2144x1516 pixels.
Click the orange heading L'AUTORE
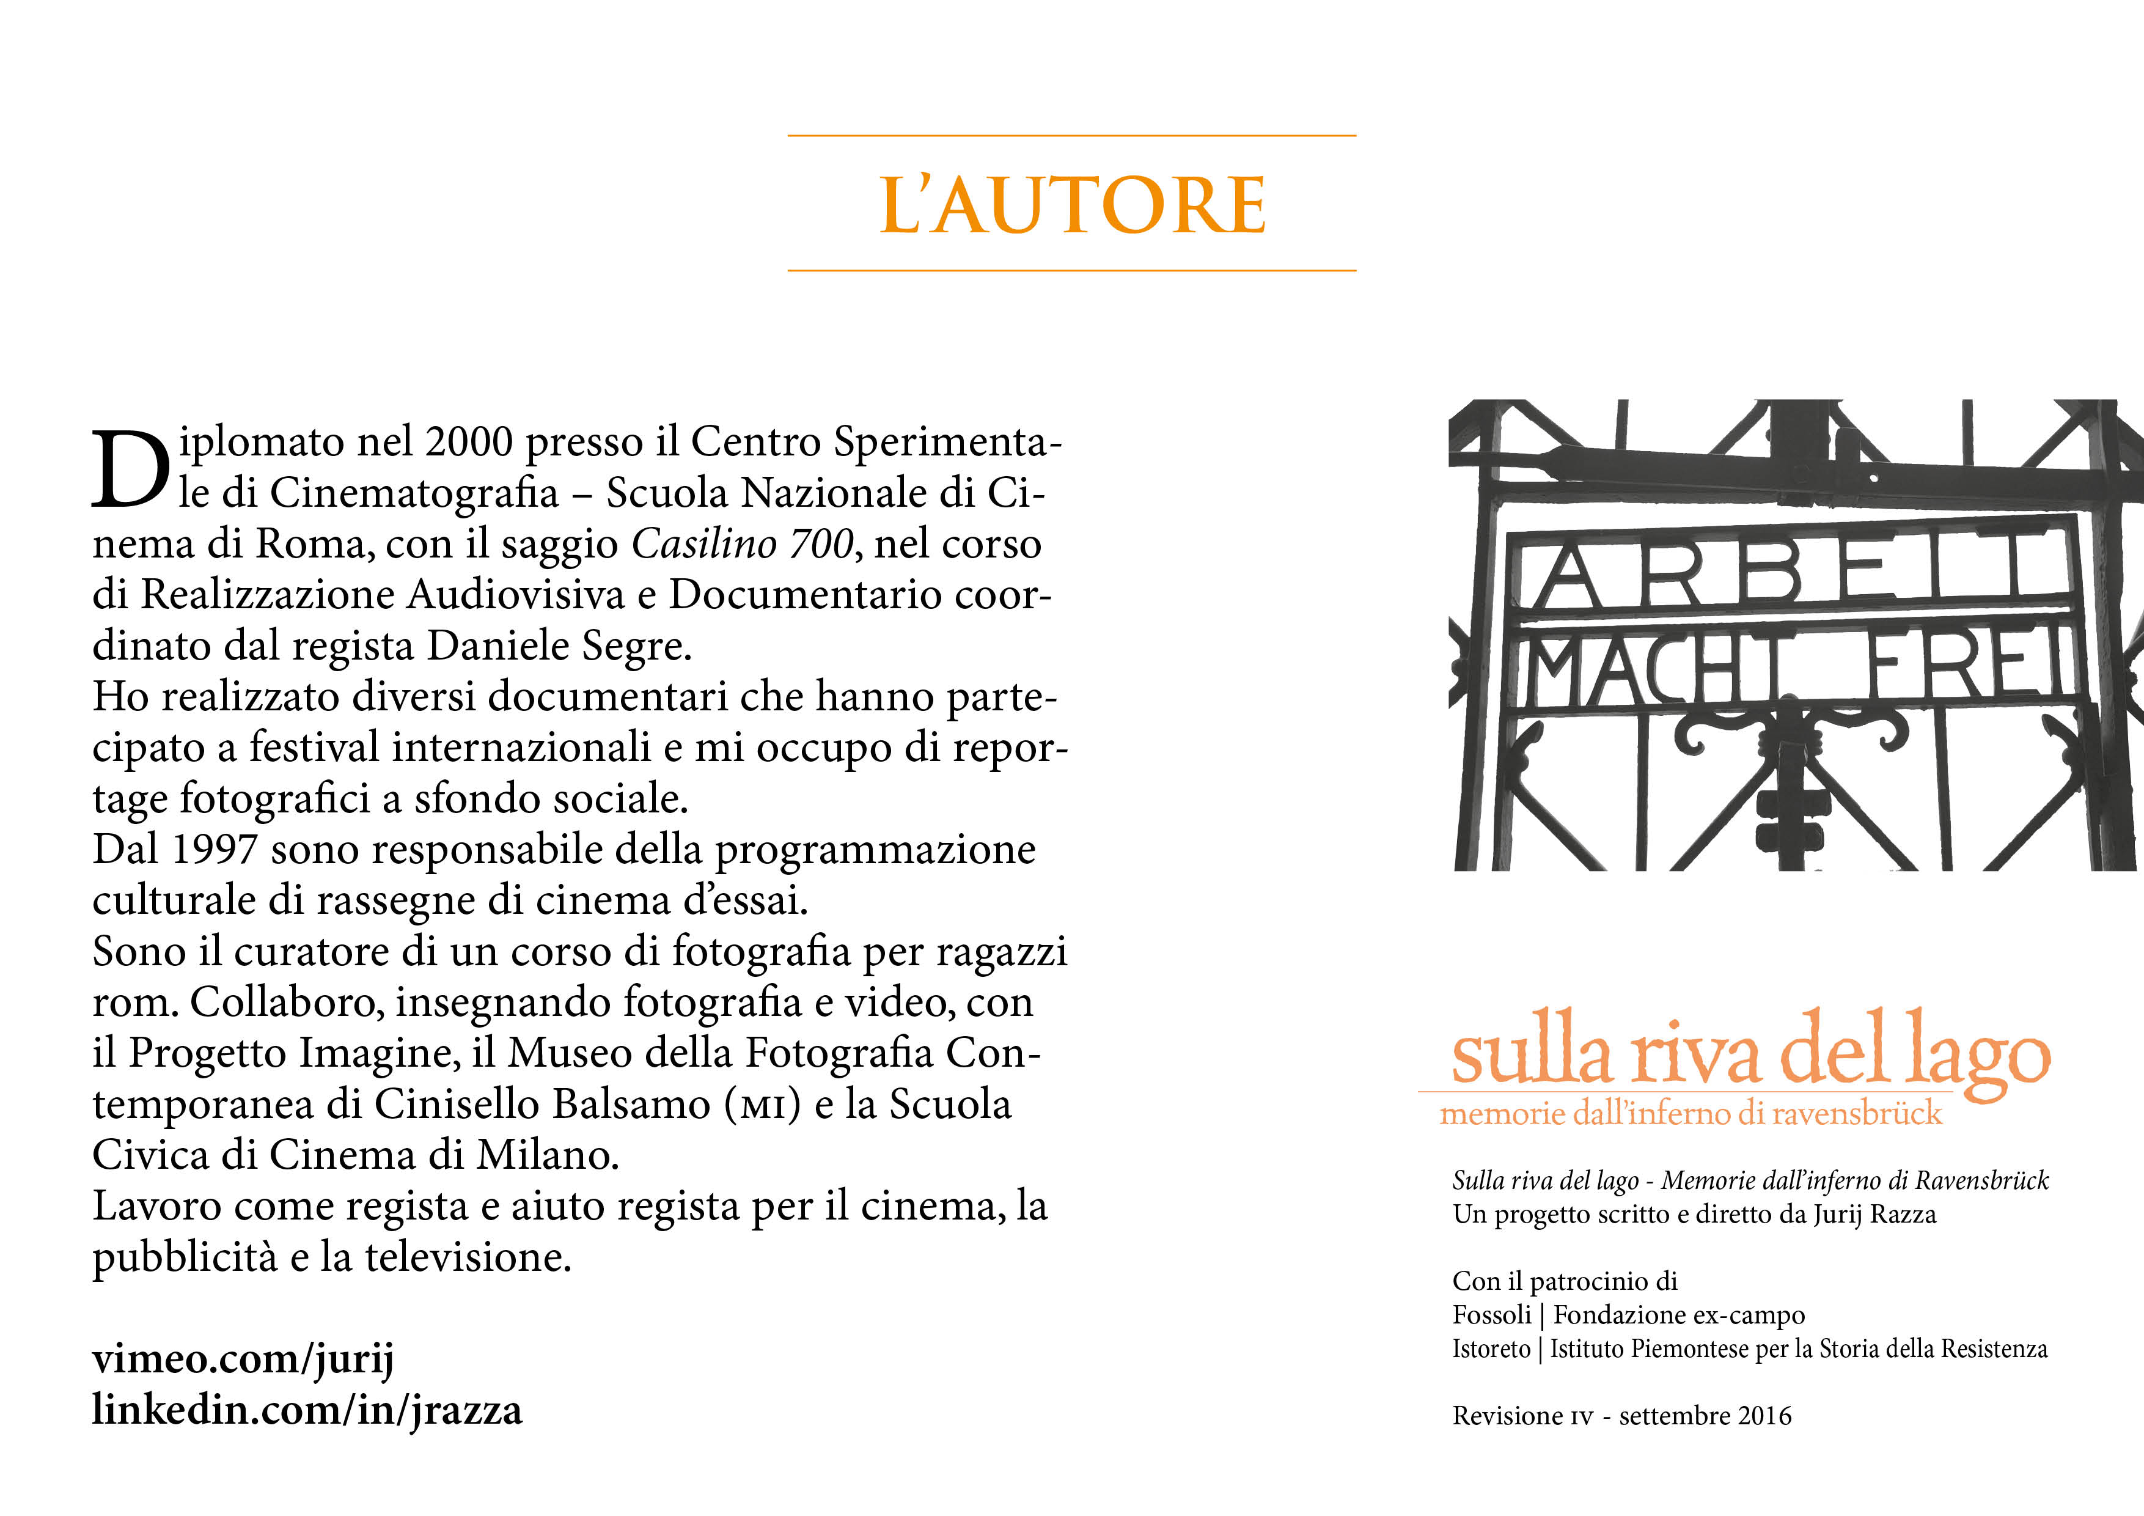click(x=1072, y=205)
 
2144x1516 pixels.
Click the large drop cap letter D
click(x=131, y=470)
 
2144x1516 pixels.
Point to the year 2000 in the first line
click(x=469, y=442)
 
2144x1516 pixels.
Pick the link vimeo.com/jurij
click(x=243, y=1359)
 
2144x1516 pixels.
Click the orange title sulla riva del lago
click(x=1751, y=1056)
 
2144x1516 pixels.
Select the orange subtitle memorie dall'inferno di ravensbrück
click(x=1690, y=1113)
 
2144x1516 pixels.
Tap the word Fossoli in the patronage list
click(x=1491, y=1315)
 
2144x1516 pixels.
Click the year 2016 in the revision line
click(x=1765, y=1416)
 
